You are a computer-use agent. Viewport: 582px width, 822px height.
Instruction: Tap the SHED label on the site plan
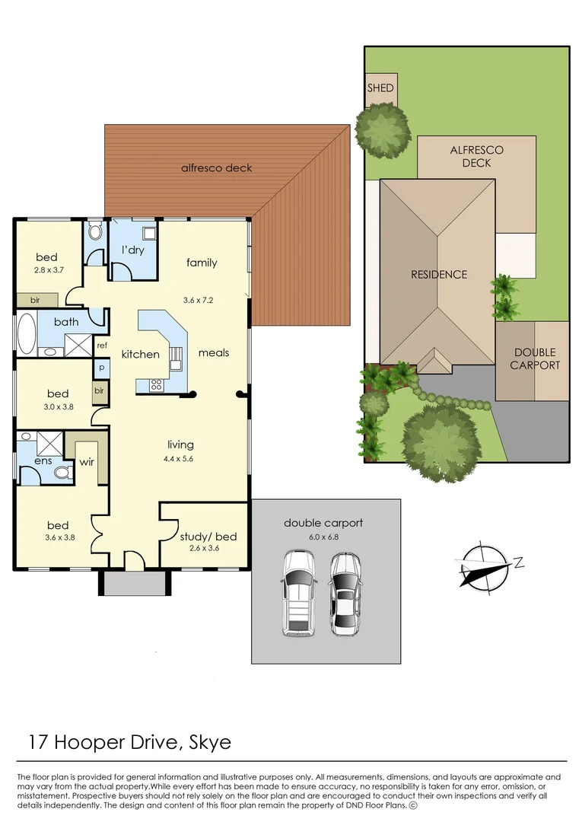pos(380,88)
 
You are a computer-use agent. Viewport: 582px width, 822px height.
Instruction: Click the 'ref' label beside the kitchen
pos(101,346)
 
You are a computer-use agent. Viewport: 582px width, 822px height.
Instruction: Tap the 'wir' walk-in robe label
pos(86,460)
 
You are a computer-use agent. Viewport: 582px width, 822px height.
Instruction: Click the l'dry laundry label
pos(133,250)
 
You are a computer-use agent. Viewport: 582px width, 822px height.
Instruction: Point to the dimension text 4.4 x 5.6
pos(180,458)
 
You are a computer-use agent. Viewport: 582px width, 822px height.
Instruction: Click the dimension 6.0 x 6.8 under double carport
pos(323,537)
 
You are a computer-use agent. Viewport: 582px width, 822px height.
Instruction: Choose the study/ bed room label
pos(208,537)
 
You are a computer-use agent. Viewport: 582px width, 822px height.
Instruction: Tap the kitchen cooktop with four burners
pos(156,385)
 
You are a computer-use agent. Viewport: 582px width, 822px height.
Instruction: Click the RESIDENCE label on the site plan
pos(439,274)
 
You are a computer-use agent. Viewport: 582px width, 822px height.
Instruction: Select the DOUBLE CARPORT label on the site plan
pos(533,358)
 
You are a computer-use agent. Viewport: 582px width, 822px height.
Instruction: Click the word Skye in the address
pos(205,742)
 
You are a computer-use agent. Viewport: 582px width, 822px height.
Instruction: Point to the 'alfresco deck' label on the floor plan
pos(216,167)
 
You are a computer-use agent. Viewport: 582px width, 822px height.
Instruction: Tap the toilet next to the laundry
pos(95,231)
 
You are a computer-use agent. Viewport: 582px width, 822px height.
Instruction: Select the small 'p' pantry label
pos(100,367)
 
